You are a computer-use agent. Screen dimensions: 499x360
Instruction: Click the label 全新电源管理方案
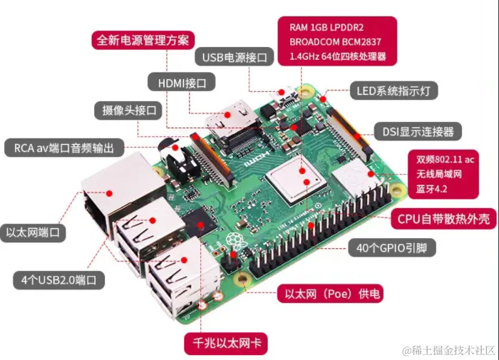pyautogui.click(x=143, y=40)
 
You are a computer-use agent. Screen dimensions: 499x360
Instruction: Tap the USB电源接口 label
pyautogui.click(x=235, y=57)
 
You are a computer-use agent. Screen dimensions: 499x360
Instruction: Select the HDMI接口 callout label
pyautogui.click(x=181, y=83)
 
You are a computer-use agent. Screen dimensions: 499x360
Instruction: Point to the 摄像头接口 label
pyautogui.click(x=128, y=110)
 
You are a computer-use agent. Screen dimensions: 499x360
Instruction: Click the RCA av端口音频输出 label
pyautogui.click(x=64, y=148)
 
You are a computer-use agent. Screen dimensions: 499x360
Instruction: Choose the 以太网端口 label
pyautogui.click(x=33, y=232)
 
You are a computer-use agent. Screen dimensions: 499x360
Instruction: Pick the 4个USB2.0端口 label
pyautogui.click(x=58, y=280)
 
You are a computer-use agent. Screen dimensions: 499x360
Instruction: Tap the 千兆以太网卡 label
pyautogui.click(x=226, y=344)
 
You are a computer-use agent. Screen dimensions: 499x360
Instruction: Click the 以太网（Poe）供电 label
pyautogui.click(x=330, y=294)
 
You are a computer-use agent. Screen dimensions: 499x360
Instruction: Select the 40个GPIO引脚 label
pyautogui.click(x=392, y=247)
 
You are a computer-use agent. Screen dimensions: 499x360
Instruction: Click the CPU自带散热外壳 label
pyautogui.click(x=443, y=219)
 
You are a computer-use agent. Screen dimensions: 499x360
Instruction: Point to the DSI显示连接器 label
pyautogui.click(x=418, y=131)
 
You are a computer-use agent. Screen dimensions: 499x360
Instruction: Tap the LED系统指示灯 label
pyautogui.click(x=393, y=91)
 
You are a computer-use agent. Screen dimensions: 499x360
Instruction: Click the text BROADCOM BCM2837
pyautogui.click(x=335, y=41)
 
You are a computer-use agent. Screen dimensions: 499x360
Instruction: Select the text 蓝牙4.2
pyautogui.click(x=431, y=189)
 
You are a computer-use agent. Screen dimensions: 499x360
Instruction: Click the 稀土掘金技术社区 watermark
pyautogui.click(x=449, y=350)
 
